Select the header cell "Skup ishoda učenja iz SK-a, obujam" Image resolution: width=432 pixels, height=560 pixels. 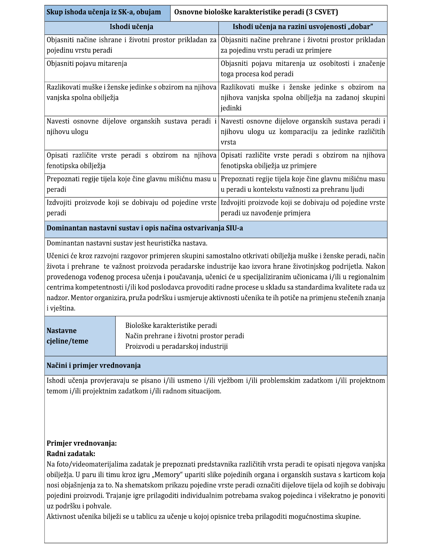point(104,12)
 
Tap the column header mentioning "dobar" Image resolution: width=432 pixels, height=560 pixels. point(303,27)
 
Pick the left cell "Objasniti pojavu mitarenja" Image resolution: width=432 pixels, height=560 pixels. point(87,64)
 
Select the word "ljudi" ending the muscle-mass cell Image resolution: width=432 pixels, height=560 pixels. point(357,189)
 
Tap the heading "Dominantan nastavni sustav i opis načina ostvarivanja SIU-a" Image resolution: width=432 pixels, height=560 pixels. point(145,228)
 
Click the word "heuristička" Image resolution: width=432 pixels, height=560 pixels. point(166,243)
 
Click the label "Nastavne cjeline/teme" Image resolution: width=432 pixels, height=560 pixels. point(68,336)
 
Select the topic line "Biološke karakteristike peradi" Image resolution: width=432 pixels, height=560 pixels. point(171,326)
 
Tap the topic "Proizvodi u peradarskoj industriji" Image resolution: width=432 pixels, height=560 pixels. point(176,347)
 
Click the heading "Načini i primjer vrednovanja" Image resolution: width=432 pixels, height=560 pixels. point(94,366)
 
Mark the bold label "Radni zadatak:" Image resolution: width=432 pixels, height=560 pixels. point(71,454)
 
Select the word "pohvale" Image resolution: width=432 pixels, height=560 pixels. point(99,506)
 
